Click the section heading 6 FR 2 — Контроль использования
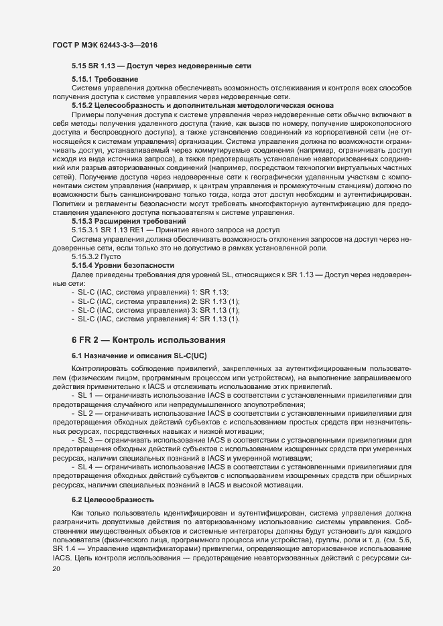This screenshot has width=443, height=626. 148,360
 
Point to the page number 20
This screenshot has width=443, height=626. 56,568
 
